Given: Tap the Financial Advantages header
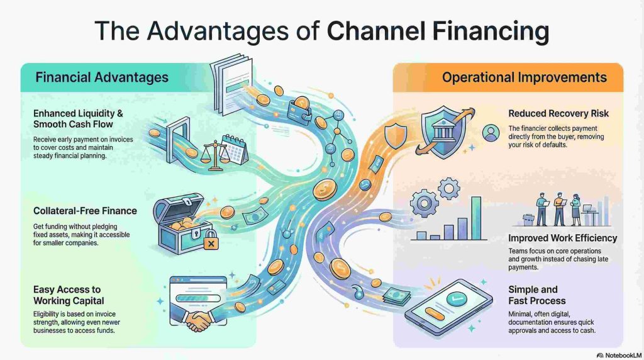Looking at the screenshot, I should click(102, 77).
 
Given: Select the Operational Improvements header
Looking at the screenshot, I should click(524, 78).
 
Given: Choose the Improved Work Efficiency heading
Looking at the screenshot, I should click(562, 238).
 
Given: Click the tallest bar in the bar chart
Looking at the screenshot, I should click(476, 217).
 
